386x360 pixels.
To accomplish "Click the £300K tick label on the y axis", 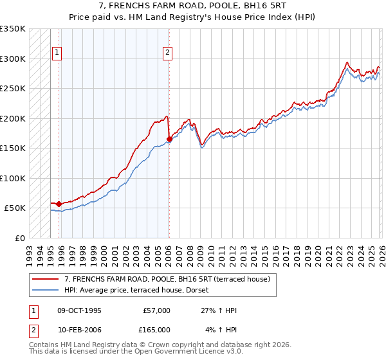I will tap(13, 59).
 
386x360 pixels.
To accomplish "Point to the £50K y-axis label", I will tap(15, 208).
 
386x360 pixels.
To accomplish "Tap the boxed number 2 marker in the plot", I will tap(168, 53).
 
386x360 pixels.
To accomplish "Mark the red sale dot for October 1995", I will tap(59, 204).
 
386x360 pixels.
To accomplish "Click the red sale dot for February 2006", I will tap(169, 139).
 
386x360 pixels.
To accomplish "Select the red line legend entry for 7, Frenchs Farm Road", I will tap(170, 279).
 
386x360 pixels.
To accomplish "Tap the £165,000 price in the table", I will tap(156, 330).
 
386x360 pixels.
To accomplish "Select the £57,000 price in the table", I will tap(156, 310).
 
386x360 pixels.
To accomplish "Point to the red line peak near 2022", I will tap(347, 63).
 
